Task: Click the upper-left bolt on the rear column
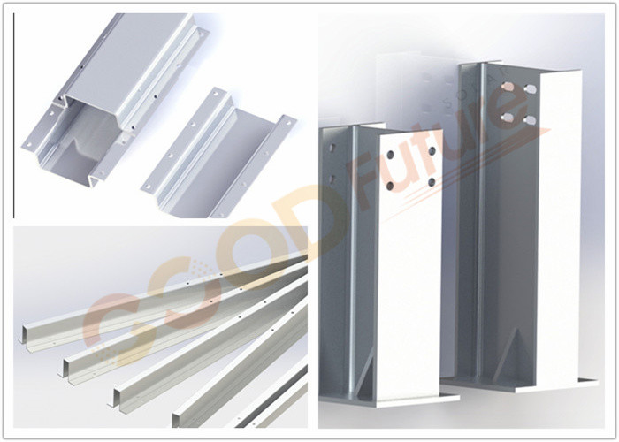pos(508,86)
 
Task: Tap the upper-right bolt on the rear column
pos(531,89)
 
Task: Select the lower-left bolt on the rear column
pos(508,117)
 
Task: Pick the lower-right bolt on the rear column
pos(531,120)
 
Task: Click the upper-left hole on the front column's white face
pos(391,155)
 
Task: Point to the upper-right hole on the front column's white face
pos(432,151)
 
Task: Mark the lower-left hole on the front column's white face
pos(391,186)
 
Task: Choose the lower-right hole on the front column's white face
pos(432,182)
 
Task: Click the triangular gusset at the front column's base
pos(365,375)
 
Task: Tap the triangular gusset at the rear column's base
pos(509,357)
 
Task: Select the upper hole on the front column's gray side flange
pos(332,148)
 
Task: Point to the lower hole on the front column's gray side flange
pos(332,179)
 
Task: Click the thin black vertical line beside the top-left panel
pos(14,115)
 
